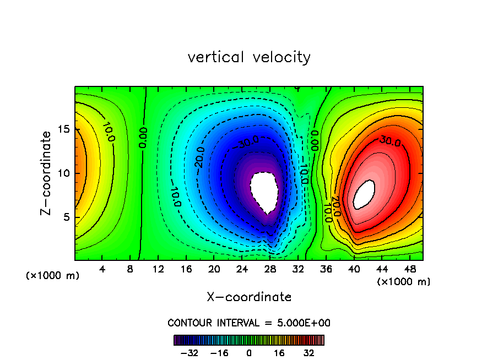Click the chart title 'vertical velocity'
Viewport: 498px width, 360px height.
coord(249,57)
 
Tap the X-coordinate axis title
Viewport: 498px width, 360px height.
coord(249,297)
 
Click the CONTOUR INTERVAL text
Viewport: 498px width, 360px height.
coord(249,323)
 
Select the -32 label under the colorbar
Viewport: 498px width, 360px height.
coord(190,352)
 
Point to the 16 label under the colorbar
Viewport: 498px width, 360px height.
coord(279,352)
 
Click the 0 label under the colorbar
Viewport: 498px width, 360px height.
coord(249,352)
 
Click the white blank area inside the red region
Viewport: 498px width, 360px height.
coord(364,195)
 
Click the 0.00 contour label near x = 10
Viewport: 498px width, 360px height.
coord(143,137)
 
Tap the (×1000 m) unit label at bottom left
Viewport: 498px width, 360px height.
coord(53,276)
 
